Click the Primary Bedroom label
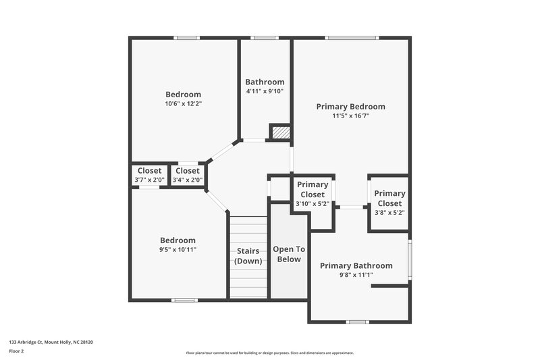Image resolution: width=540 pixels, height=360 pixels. pos(350,107)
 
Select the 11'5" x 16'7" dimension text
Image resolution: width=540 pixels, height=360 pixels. pos(350,116)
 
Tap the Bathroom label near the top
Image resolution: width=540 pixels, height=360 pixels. pos(265,82)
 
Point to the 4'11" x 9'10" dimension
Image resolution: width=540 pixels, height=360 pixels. pos(265,91)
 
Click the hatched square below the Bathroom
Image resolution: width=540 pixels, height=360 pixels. pos(280,132)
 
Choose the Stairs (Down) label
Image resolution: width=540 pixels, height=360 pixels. pos(248,256)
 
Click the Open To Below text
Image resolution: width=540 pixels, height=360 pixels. pos(288,254)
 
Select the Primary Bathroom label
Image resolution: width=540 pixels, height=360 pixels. pos(356,265)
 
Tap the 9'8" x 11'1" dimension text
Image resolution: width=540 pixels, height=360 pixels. pos(356,275)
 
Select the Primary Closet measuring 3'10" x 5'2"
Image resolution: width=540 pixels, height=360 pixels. pos(313,194)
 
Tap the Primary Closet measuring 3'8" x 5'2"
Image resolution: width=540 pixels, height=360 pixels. pos(389,203)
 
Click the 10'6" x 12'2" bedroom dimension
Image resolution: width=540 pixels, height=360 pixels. pos(184,104)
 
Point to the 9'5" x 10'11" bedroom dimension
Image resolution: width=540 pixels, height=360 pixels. pos(178,249)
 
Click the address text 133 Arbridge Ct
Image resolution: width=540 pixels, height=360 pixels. pos(51,342)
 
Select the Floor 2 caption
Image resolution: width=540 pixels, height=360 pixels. pos(17,351)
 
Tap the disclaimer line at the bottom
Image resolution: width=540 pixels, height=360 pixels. pos(269,353)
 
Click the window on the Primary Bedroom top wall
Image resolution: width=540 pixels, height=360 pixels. pos(352,38)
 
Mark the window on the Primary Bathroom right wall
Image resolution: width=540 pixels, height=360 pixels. pos(410,256)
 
